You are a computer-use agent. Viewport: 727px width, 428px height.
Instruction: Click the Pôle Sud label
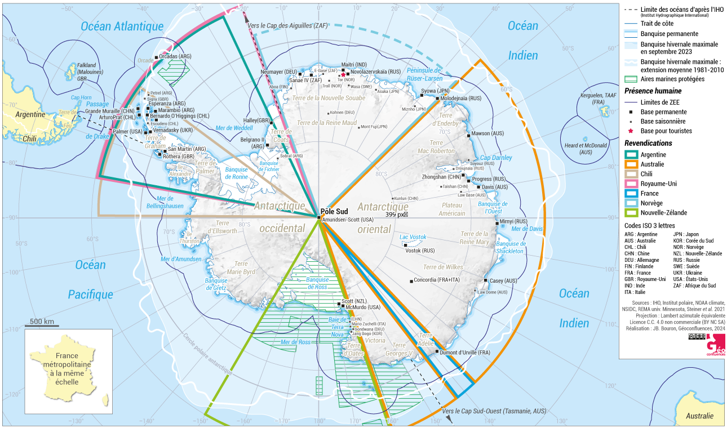click(x=334, y=212)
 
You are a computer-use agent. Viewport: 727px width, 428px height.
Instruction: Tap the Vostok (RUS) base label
click(x=420, y=251)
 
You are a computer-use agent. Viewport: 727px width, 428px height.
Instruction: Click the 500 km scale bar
click(x=42, y=324)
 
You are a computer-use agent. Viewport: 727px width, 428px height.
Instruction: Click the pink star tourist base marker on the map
click(x=343, y=73)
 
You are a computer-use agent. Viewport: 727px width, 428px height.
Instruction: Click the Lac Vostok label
click(x=413, y=237)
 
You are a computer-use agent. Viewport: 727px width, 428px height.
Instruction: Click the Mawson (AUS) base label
click(x=488, y=133)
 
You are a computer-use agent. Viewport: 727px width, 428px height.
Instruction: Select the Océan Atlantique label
click(x=122, y=26)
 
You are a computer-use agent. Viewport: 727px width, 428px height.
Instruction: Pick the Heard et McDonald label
click(x=586, y=149)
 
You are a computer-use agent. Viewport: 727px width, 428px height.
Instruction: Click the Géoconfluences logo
click(x=716, y=345)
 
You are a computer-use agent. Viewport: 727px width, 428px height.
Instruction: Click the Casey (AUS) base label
click(x=503, y=280)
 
